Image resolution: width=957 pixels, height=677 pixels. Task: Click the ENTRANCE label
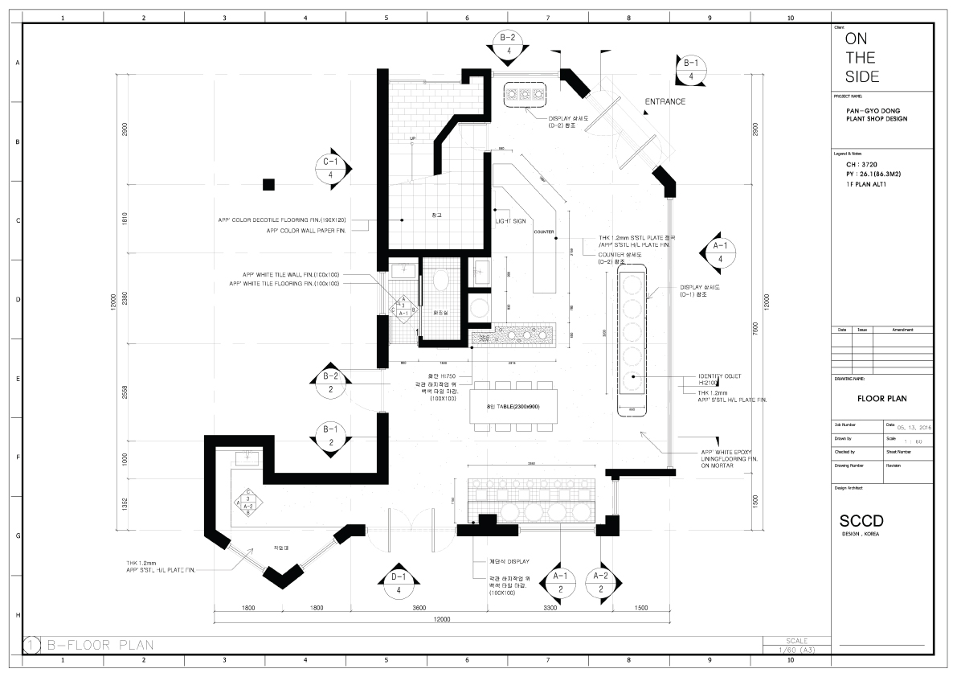point(665,102)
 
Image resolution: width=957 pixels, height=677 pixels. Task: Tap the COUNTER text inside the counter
point(544,232)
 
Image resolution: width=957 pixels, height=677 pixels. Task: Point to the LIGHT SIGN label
point(509,220)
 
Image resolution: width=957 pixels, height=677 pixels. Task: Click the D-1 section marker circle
point(399,584)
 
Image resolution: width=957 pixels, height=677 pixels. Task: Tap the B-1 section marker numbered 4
point(691,70)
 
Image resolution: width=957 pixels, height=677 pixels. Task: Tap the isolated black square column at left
point(268,185)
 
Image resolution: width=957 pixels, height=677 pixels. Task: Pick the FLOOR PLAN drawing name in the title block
point(882,398)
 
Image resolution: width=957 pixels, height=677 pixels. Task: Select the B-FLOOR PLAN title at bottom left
point(100,645)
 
